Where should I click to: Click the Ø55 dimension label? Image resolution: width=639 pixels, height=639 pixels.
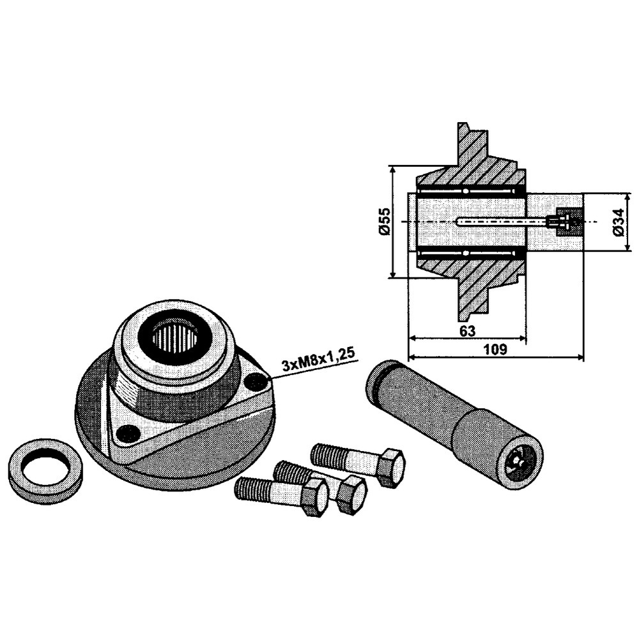(385, 221)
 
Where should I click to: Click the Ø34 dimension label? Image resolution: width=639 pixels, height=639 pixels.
(618, 222)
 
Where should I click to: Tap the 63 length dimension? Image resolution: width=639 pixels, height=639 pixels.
(467, 331)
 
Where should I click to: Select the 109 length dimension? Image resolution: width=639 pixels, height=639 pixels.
(495, 350)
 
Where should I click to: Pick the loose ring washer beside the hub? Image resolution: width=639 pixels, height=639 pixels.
(45, 471)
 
